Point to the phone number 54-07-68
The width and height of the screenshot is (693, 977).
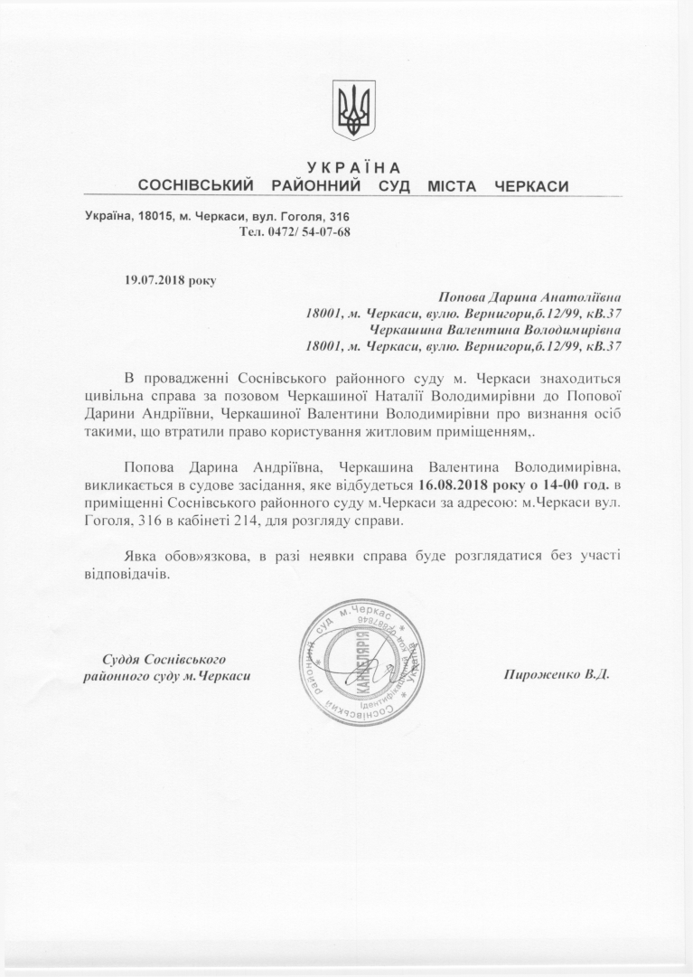(x=325, y=232)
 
